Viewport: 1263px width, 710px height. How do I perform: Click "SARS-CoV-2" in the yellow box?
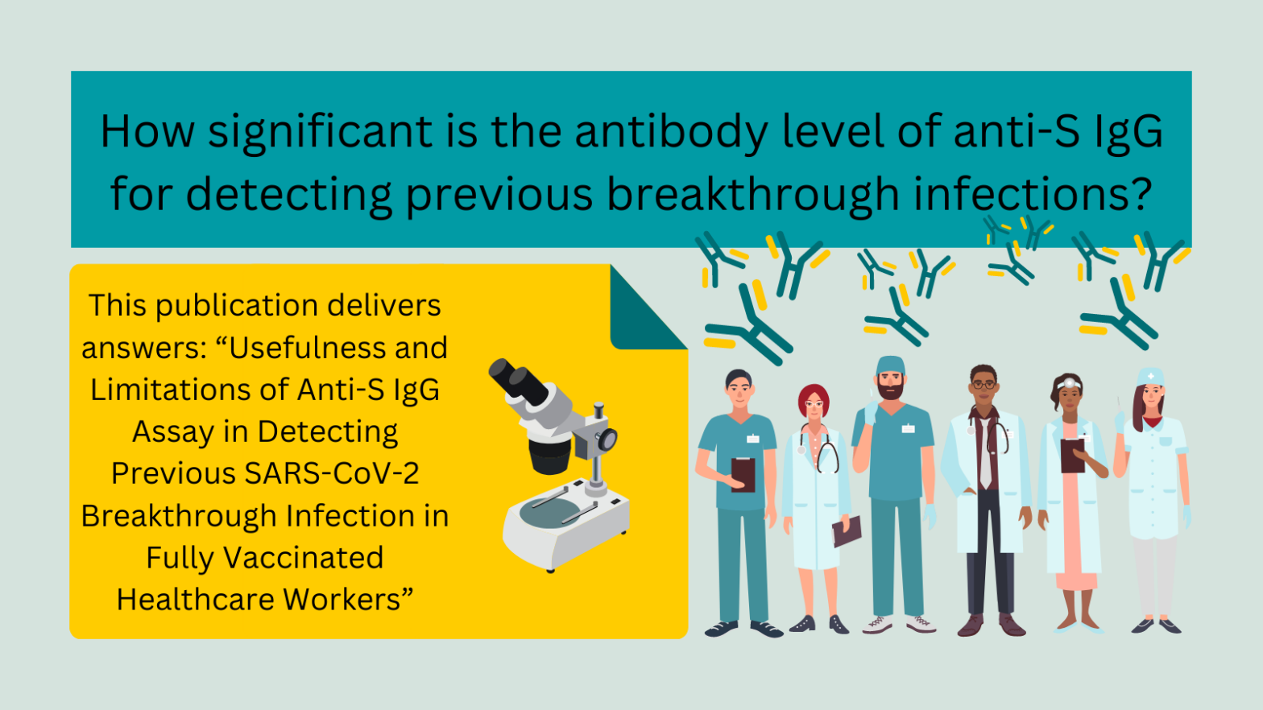pos(332,473)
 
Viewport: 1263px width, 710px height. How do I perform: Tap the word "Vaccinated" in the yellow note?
pos(303,558)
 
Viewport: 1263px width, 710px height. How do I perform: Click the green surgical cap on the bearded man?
pos(890,365)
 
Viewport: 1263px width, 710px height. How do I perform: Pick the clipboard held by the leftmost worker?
pos(743,474)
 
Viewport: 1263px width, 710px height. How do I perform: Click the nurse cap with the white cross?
pos(1151,377)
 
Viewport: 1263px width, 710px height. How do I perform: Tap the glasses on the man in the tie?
pos(983,386)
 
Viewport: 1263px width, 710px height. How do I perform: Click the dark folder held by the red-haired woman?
pos(847,530)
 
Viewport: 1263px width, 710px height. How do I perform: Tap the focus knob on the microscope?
pos(607,439)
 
